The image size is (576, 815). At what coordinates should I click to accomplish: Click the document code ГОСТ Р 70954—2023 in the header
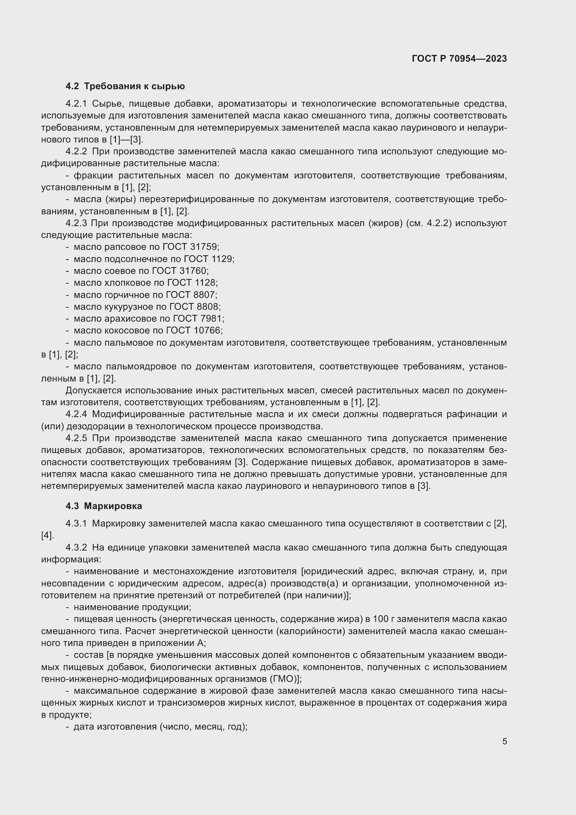pos(459,59)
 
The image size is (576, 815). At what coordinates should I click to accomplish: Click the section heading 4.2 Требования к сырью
pos(125,86)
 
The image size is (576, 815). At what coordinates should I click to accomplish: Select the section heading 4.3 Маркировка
pos(103,506)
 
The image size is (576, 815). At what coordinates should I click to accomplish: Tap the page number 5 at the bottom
pos(504,741)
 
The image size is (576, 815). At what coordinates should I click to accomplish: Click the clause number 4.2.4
pos(76,414)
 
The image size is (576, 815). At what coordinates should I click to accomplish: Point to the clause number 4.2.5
pos(76,438)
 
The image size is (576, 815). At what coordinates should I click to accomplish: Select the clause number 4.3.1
pos(76,524)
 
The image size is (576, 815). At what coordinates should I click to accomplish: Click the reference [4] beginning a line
pos(47,536)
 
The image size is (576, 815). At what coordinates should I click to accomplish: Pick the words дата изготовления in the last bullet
pos(115,726)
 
